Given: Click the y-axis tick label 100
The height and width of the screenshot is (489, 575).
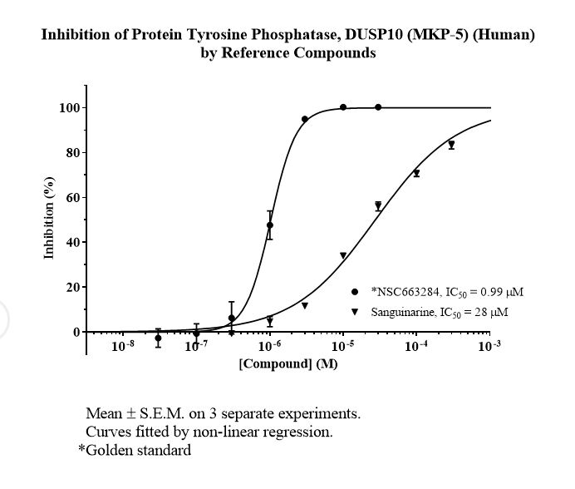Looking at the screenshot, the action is pos(69,108).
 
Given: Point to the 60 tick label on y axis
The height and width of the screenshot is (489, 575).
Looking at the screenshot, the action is pos(73,197).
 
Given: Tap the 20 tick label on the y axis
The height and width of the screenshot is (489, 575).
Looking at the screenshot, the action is pos(73,287).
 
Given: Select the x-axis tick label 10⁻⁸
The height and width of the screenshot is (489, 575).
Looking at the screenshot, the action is pos(122,345).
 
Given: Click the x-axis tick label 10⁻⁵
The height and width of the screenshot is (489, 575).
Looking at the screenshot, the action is pos(342,345).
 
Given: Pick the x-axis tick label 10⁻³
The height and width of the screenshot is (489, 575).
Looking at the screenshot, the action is pos(489,345).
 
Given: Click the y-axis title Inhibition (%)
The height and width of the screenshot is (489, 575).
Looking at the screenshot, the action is pos(49,218).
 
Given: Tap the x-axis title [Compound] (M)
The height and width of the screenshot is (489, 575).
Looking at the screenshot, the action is pos(288,363).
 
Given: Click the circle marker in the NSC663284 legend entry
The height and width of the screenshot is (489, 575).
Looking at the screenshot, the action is pos(355,292).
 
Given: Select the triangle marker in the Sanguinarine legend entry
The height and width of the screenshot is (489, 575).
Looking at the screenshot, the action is pos(355,312).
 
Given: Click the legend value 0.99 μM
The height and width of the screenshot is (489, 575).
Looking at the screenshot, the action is pos(502,292).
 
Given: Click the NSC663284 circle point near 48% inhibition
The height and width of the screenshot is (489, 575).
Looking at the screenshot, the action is pos(270,225).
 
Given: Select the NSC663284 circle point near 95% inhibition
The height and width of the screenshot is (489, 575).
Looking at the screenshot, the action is pos(305,119).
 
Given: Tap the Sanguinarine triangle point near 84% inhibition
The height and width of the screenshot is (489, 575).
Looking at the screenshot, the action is pos(451,144).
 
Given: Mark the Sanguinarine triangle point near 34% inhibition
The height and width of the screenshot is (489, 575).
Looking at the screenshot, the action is pos(343,255).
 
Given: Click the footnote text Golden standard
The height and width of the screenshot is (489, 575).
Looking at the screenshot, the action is pos(139,450).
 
